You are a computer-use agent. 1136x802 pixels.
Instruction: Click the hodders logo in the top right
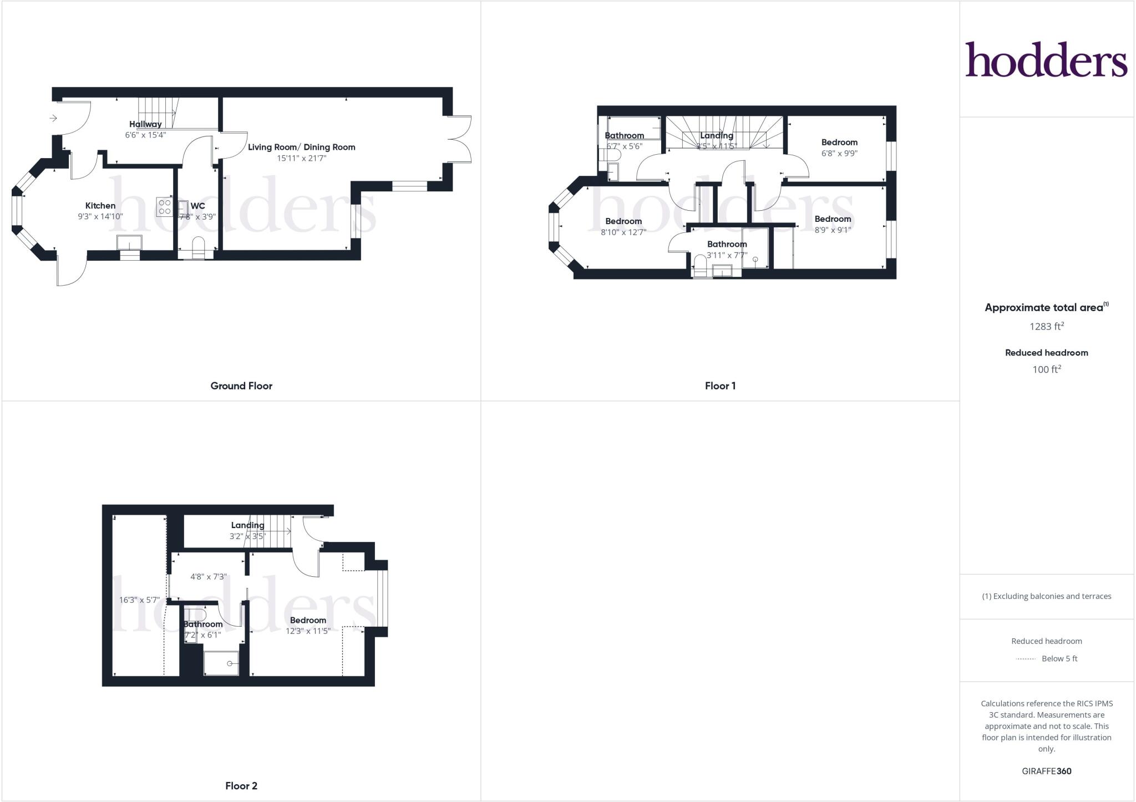pyautogui.click(x=1046, y=59)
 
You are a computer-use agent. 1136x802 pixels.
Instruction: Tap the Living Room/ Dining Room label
pyautogui.click(x=301, y=147)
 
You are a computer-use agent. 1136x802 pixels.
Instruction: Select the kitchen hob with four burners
pyautogui.click(x=164, y=207)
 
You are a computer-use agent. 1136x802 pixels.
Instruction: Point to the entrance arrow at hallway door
pyautogui.click(x=53, y=118)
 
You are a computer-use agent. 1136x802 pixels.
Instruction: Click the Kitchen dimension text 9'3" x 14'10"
pyautogui.click(x=100, y=217)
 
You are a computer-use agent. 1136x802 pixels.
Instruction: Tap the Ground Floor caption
pyautogui.click(x=241, y=386)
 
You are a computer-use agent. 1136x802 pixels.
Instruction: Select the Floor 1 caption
pyautogui.click(x=720, y=386)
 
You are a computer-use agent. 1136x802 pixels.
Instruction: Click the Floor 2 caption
pyautogui.click(x=241, y=786)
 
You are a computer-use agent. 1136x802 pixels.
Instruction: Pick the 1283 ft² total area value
pyautogui.click(x=1046, y=326)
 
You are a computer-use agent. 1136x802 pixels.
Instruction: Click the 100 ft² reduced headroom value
pyautogui.click(x=1046, y=369)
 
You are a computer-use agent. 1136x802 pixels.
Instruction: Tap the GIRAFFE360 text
pyautogui.click(x=1046, y=771)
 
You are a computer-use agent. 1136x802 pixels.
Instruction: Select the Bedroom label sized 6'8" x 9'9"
pyautogui.click(x=839, y=143)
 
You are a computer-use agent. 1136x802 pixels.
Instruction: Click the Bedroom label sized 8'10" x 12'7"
pyautogui.click(x=623, y=221)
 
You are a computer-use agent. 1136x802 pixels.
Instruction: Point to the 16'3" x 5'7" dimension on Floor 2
pyautogui.click(x=140, y=600)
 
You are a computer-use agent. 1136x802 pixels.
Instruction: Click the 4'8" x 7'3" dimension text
pyautogui.click(x=209, y=577)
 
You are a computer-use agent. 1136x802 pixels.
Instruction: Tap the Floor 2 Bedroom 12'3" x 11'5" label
pyautogui.click(x=308, y=620)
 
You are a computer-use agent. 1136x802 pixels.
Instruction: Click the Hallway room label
pyautogui.click(x=145, y=124)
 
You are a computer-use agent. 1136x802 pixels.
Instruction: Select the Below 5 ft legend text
pyautogui.click(x=1059, y=659)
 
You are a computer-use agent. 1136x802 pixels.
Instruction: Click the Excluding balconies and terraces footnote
pyautogui.click(x=1046, y=596)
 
